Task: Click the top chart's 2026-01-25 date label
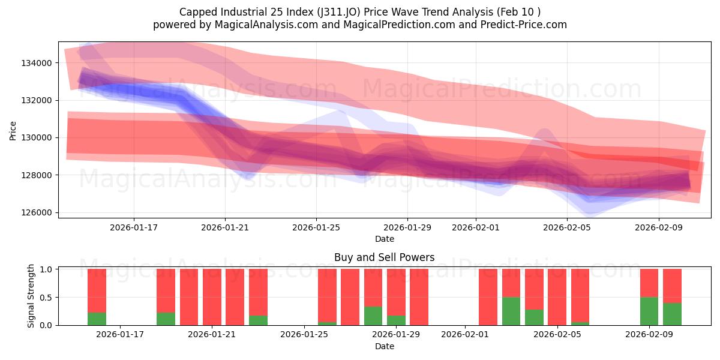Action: [x=316, y=227]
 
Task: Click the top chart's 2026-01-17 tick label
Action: [x=133, y=227]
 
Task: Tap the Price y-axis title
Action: [x=13, y=130]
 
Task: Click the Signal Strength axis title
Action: [x=31, y=296]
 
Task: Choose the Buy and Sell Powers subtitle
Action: [x=385, y=258]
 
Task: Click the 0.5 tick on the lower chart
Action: [x=47, y=298]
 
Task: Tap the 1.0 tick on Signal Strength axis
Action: [x=47, y=269]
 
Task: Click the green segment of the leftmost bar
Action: [x=97, y=319]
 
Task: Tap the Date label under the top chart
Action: [x=385, y=239]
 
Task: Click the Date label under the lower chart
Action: [x=385, y=346]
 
